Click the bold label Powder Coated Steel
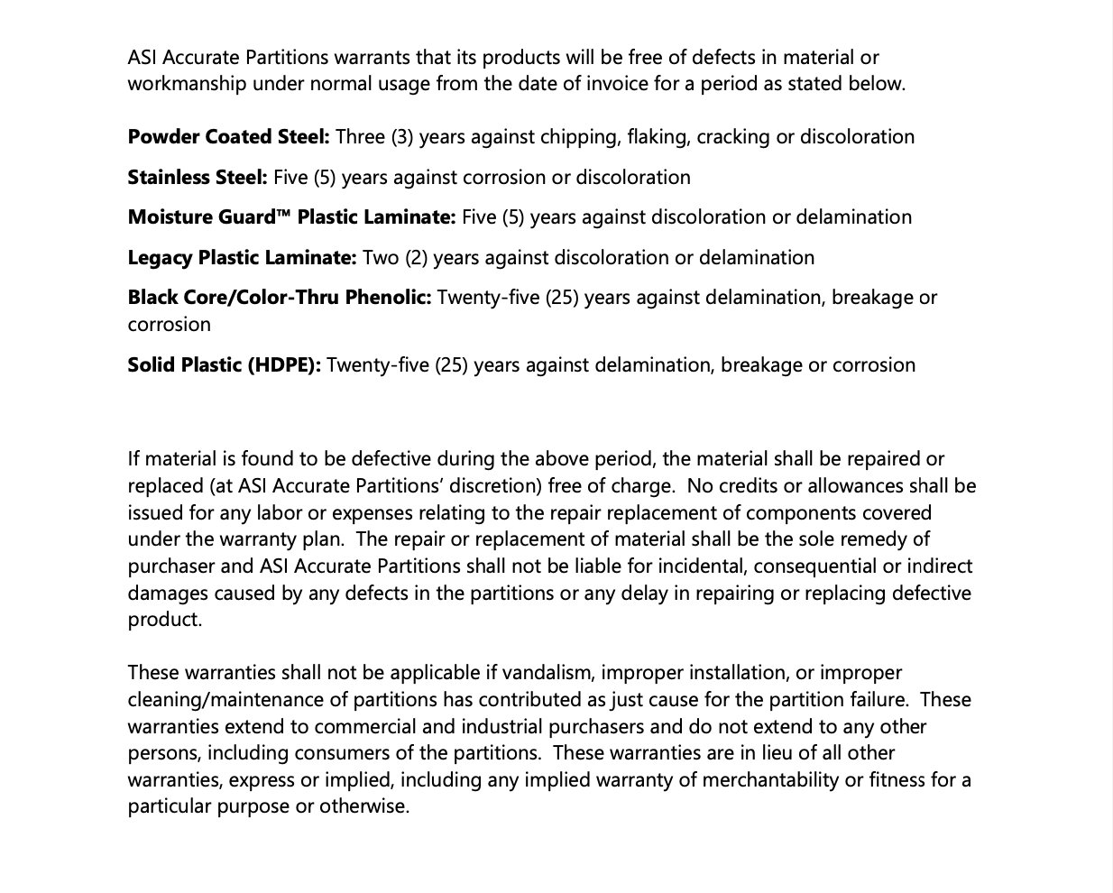[228, 137]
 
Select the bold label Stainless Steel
[198, 178]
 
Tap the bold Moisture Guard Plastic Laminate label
[291, 217]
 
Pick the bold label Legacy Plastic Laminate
[242, 258]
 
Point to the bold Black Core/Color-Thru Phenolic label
[280, 298]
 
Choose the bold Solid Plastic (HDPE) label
[224, 365]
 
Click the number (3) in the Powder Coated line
[402, 137]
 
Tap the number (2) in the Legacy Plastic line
[416, 258]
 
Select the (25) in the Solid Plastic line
[451, 365]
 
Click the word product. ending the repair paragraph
[165, 620]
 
